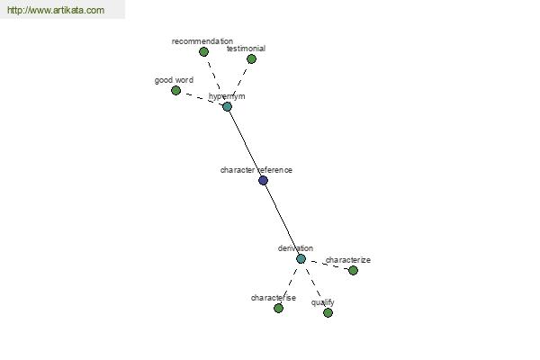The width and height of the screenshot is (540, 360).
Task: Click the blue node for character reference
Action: [263, 180]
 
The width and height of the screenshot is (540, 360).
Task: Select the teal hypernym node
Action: [227, 106]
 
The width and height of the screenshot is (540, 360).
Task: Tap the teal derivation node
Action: [301, 258]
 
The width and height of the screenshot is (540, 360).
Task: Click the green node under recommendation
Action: [203, 51]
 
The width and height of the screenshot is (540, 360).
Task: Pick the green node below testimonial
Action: [251, 58]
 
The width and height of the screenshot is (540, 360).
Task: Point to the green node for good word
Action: [176, 91]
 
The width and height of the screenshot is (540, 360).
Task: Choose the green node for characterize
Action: [353, 270]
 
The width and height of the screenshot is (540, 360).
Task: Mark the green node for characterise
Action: [278, 308]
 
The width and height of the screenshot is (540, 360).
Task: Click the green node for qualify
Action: [328, 312]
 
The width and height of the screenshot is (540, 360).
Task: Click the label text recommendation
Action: [202, 41]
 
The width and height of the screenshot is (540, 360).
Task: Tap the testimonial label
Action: [246, 49]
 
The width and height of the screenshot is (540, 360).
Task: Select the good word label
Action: [174, 80]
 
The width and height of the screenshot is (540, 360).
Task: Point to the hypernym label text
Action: [227, 96]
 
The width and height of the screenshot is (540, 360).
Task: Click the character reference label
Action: [256, 170]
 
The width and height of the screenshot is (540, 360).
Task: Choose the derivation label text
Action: [295, 248]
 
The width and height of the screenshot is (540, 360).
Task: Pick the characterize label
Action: [348, 260]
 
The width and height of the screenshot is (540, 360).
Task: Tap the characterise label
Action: [274, 298]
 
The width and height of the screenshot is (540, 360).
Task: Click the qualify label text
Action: [323, 302]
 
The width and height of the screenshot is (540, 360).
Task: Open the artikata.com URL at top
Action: [56, 10]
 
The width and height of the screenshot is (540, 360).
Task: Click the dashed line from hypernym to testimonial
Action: [240, 81]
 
